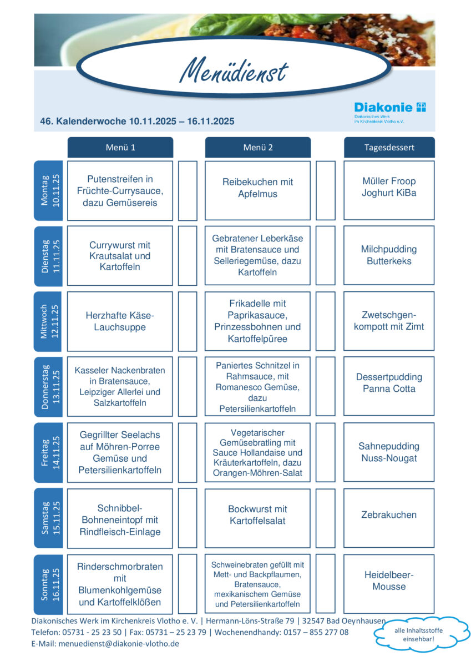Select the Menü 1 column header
click(120, 148)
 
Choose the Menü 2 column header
click(258, 148)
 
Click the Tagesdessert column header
click(389, 148)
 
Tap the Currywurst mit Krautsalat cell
click(120, 256)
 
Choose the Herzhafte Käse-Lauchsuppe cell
click(120, 321)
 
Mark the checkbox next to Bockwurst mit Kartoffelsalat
click(326, 518)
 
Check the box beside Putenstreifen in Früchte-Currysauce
click(188, 190)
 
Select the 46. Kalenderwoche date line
click(137, 121)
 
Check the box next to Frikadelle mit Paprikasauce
click(326, 321)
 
